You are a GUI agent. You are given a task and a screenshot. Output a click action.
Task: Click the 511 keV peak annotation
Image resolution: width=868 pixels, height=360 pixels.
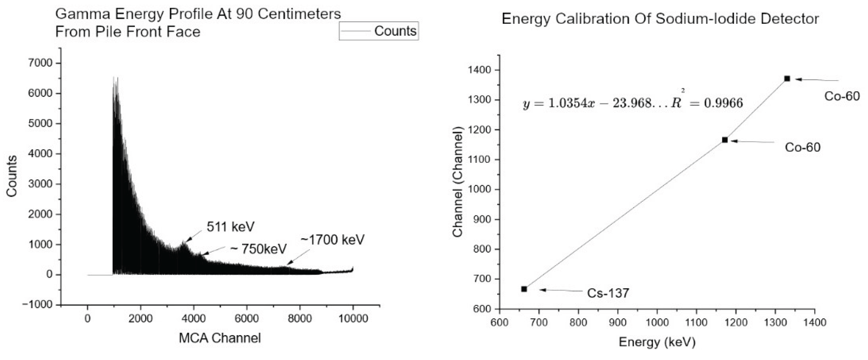[x=231, y=227]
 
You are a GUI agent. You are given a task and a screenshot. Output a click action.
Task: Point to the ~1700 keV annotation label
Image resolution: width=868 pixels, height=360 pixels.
[x=332, y=240]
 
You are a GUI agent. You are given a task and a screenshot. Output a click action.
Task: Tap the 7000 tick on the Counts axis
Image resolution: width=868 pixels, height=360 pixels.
[x=41, y=63]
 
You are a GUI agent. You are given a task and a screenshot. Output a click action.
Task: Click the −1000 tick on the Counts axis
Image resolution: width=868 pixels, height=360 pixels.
[x=38, y=305]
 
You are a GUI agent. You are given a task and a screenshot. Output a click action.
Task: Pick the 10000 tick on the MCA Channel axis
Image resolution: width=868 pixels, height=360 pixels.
[x=353, y=319]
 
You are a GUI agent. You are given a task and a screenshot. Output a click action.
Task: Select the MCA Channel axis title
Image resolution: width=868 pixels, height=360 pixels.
[x=220, y=338]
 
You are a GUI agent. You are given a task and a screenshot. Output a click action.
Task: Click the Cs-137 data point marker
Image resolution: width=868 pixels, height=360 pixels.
[x=524, y=289]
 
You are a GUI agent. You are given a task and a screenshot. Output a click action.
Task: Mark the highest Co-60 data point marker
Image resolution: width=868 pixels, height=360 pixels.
[x=787, y=78]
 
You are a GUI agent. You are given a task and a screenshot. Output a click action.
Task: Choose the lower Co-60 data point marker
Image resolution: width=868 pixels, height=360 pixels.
[x=725, y=140]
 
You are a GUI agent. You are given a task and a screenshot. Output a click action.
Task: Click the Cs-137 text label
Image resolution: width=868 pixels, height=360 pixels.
[x=608, y=293]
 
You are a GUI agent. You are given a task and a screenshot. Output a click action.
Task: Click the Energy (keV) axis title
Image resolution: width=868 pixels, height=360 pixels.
[x=657, y=342]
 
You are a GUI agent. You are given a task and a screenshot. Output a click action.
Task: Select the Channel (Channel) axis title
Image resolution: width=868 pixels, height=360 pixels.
[x=457, y=182]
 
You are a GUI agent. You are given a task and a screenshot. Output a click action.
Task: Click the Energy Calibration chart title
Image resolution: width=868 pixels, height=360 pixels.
[x=660, y=19]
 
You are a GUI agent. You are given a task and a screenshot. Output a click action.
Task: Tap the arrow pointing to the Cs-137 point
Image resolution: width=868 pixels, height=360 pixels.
[x=561, y=290]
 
